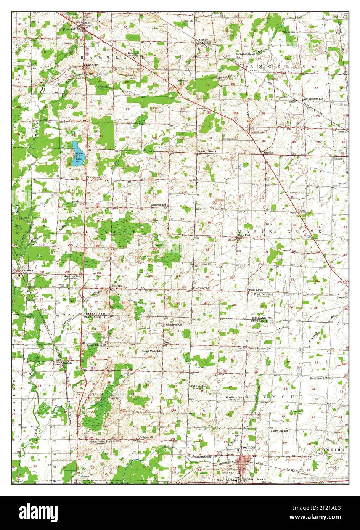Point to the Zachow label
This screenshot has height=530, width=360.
[x=203, y=40]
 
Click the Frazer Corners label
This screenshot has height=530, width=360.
[x=206, y=151]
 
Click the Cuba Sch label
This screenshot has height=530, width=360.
[x=290, y=32]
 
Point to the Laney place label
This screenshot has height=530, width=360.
[x=302, y=210]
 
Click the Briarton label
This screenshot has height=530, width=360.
[x=116, y=286]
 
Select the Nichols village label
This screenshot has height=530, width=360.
[x=67, y=363]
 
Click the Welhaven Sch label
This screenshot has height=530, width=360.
[x=159, y=205]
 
